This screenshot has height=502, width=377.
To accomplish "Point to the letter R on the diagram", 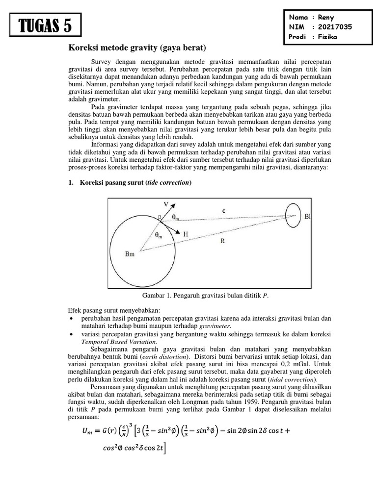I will [222, 241].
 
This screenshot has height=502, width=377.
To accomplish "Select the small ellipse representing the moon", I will [293, 215].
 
